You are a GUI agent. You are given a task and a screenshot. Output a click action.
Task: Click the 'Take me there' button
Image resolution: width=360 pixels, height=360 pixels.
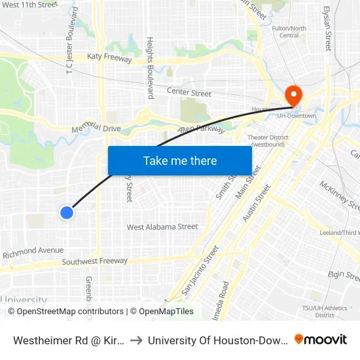tap(180, 160)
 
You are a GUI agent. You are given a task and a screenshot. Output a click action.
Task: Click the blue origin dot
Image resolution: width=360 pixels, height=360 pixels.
tap(66, 212)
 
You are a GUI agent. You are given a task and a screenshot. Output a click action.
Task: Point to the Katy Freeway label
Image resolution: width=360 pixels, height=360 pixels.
tap(109, 59)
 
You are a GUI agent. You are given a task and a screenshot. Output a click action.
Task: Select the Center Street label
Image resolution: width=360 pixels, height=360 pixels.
tap(189, 92)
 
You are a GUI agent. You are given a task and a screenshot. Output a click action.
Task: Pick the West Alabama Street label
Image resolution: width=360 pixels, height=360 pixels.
tap(162, 227)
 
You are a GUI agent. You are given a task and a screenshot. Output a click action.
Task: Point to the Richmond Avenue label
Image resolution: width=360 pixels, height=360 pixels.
tap(33, 251)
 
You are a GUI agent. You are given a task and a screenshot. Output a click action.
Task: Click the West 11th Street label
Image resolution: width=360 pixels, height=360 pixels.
tap(30, 5)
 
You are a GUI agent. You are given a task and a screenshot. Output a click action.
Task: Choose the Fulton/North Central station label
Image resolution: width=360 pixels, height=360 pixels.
tap(289, 31)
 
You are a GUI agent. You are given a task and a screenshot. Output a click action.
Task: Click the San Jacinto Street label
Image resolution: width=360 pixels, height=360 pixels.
tap(200, 269)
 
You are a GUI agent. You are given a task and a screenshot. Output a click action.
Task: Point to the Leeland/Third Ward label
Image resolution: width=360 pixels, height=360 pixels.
tap(340, 232)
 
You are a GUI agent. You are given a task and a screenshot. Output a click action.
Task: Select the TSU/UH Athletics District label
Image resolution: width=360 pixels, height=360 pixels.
tap(334, 311)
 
